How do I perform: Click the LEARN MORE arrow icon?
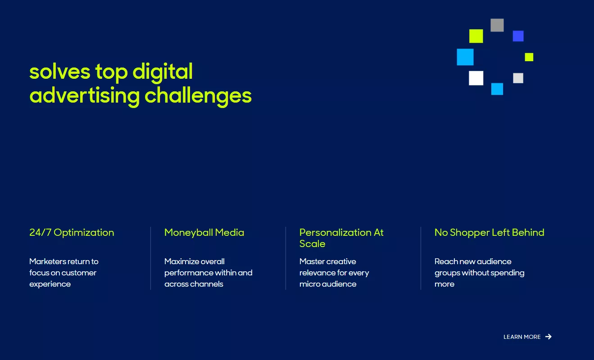tap(549, 337)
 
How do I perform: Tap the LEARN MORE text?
tap(522, 337)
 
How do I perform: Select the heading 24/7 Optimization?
tap(72, 233)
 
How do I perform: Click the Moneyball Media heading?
tap(204, 233)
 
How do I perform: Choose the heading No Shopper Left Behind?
tap(489, 233)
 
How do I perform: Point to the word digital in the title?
tap(162, 72)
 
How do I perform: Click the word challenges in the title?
tap(198, 95)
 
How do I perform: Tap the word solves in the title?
tap(59, 72)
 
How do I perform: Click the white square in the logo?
tap(476, 78)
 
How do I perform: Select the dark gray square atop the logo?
tap(497, 25)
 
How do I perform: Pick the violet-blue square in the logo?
tap(518, 36)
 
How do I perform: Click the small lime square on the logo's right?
tap(529, 57)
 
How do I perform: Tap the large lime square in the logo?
tap(476, 36)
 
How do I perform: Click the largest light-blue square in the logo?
tap(465, 57)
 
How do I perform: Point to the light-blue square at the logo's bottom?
tap(497, 89)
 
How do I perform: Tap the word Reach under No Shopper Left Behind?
tap(446, 261)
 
